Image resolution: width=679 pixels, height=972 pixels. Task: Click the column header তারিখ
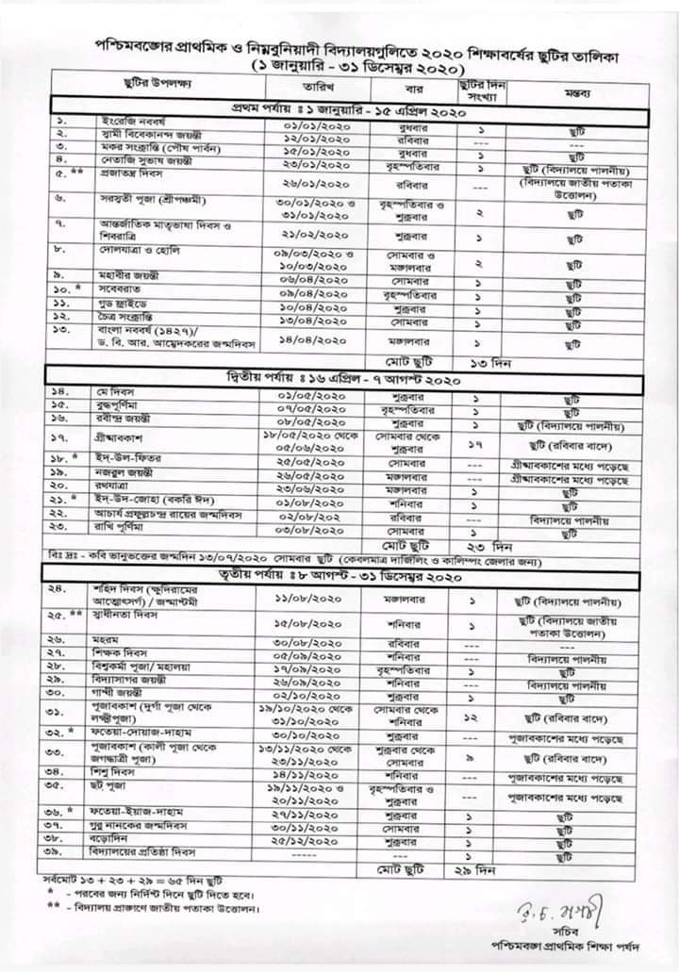click(x=315, y=86)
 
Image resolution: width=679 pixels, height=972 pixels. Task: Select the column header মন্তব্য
click(x=577, y=94)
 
